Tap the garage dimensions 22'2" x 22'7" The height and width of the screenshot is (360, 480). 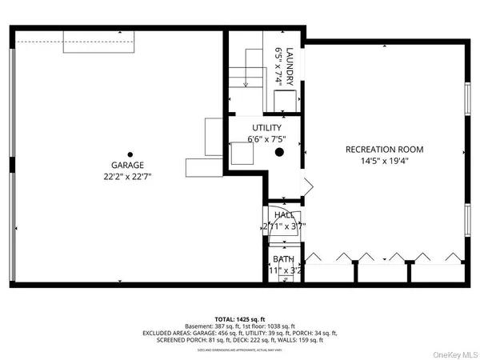[x=129, y=177]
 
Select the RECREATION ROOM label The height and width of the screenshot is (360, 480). [x=384, y=150]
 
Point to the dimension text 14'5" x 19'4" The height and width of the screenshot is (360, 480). [x=384, y=162]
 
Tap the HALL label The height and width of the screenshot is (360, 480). [x=284, y=215]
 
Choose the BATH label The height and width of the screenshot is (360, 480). [x=283, y=259]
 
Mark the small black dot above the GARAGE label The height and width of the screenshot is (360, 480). [x=129, y=154]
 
